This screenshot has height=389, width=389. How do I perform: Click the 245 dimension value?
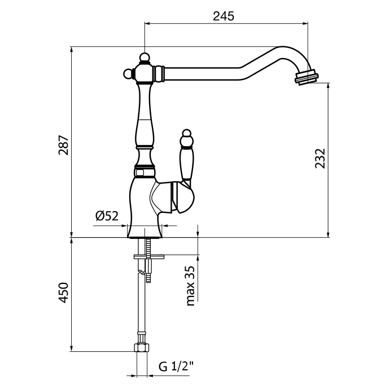pyautogui.click(x=224, y=16)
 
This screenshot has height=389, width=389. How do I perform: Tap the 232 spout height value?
pyautogui.click(x=320, y=159)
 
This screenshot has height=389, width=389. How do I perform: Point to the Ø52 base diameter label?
pyautogui.click(x=107, y=215)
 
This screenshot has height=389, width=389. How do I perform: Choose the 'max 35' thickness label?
pyautogui.click(x=190, y=285)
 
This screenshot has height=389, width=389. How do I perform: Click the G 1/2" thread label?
pyautogui.click(x=177, y=366)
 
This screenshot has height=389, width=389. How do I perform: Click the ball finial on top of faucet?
pyautogui.click(x=145, y=58)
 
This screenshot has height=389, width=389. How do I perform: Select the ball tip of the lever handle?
pyautogui.click(x=186, y=136)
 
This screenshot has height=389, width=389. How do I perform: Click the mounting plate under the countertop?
pyautogui.click(x=148, y=257)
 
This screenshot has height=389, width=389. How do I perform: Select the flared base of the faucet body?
pyautogui.click(x=145, y=223)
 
